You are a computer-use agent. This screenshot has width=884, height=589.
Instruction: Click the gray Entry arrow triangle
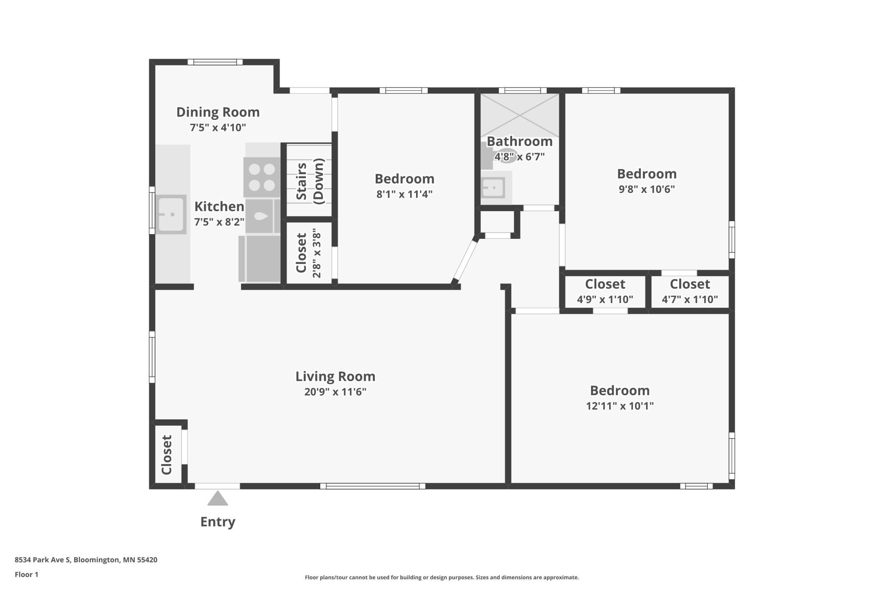[218, 499]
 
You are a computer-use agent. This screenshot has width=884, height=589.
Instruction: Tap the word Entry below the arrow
[218, 522]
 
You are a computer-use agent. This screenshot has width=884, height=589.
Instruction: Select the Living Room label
[335, 377]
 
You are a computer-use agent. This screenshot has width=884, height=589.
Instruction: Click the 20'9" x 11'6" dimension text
[335, 392]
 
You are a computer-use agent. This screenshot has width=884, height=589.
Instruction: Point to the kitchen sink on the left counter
[171, 215]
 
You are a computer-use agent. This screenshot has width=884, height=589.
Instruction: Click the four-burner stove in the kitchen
[262, 177]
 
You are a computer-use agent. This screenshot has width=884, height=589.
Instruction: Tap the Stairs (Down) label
[310, 181]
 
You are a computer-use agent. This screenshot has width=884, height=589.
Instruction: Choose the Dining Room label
[218, 112]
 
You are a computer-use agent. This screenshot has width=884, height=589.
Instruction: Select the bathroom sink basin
[493, 187]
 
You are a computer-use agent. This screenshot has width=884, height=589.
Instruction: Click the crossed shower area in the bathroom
[520, 115]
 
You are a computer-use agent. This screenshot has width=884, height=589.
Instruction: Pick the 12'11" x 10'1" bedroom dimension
[620, 406]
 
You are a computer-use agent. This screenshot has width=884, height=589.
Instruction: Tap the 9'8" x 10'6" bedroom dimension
[647, 189]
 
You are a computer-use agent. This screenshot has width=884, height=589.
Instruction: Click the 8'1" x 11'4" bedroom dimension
[404, 194]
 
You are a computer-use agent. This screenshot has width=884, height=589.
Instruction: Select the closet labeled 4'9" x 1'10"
[605, 292]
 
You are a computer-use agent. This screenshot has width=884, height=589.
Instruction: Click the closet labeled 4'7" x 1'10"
[690, 292]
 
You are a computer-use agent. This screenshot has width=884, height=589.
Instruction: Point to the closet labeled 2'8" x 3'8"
[309, 253]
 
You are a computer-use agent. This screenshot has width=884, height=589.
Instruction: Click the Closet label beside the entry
[167, 455]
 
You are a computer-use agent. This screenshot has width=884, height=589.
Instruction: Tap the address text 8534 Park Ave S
[42, 560]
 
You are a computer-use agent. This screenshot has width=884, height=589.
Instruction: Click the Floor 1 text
[26, 575]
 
